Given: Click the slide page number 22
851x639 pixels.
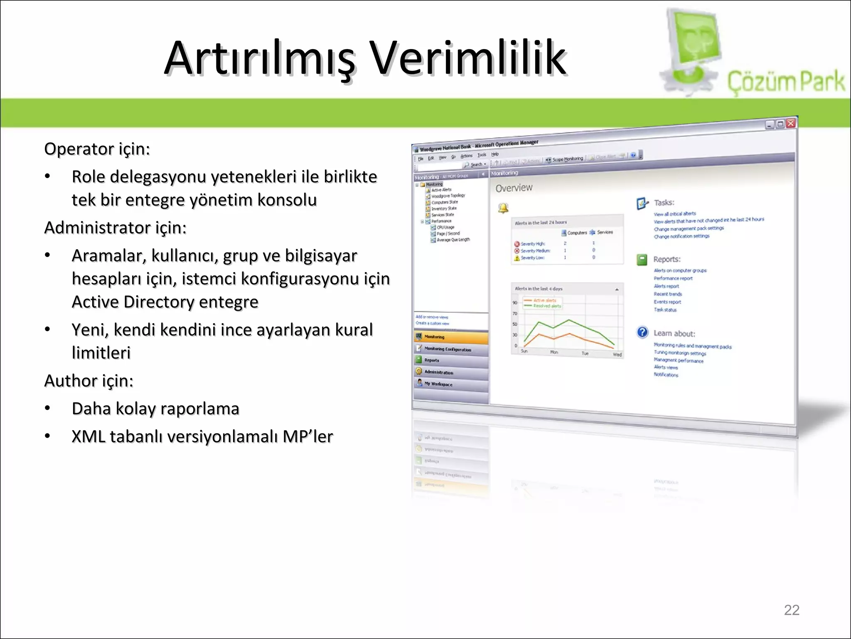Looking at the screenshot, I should click(x=791, y=610).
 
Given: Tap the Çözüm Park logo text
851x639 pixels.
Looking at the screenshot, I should click(x=785, y=81).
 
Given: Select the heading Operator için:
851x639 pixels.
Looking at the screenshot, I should click(x=97, y=149).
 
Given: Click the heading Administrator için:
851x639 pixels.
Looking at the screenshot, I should click(x=116, y=228).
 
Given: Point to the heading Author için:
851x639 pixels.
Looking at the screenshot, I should click(x=89, y=381).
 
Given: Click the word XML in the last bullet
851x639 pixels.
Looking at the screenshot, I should click(x=88, y=436).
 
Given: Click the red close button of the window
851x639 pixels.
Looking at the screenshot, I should click(x=790, y=123).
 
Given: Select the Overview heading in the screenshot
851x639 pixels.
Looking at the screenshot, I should click(x=514, y=188).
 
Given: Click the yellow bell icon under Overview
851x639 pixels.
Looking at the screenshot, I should click(x=503, y=208).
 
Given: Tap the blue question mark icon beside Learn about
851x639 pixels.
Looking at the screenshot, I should click(x=642, y=332).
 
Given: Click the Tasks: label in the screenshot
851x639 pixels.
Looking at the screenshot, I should click(x=664, y=203).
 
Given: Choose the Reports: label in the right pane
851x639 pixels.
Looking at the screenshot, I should click(x=667, y=259).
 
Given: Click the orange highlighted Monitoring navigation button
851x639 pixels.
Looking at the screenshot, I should click(x=451, y=337).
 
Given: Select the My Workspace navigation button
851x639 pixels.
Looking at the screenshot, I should click(x=451, y=384).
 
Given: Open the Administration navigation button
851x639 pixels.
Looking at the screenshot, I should click(x=451, y=372).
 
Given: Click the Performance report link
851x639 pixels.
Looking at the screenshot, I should click(x=673, y=278).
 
